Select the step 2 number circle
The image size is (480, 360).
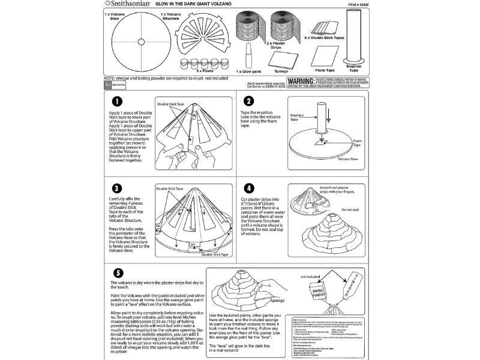click(x=248, y=102)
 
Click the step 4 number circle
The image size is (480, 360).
click(x=248, y=187)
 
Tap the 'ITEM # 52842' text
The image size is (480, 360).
click(x=356, y=5)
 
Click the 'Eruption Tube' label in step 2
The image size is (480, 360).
click(x=297, y=116)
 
